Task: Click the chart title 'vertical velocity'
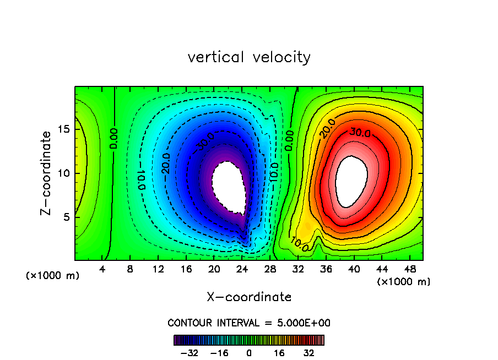click(249, 57)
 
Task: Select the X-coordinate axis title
click(249, 297)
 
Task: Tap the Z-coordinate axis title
click(48, 173)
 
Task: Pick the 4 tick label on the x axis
click(102, 269)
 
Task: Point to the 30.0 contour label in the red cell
click(358, 133)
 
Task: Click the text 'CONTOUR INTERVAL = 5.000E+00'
click(249, 323)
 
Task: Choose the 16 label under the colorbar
click(279, 353)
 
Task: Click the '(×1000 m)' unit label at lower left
click(53, 276)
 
